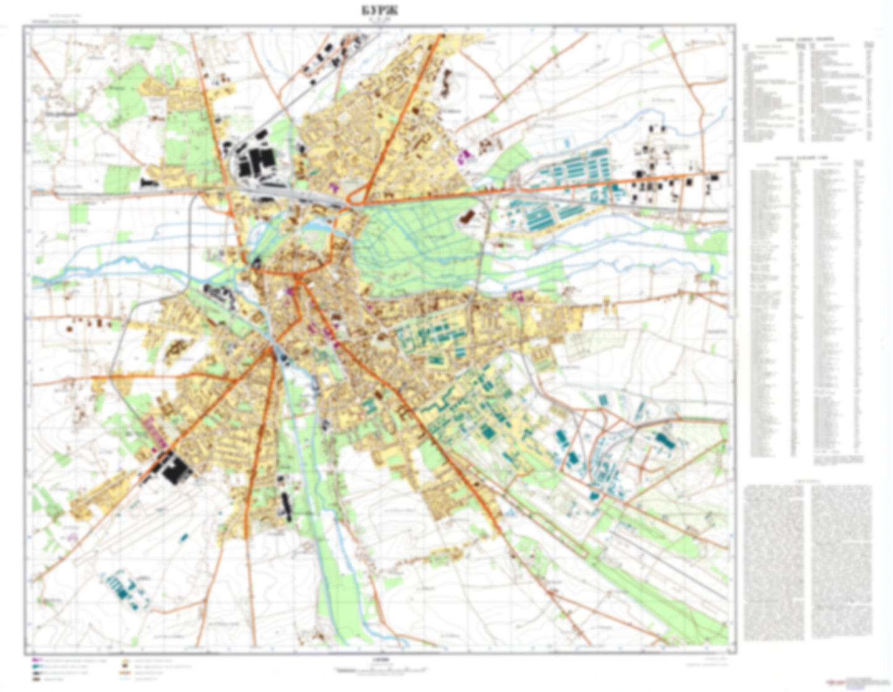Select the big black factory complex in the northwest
pyautogui.click(x=254, y=162)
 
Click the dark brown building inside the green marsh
pyautogui.click(x=467, y=217)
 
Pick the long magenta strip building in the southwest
pyautogui.click(x=154, y=431)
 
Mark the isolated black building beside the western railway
pyautogui.click(x=148, y=183)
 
